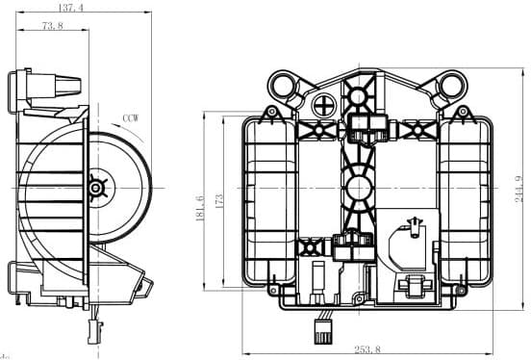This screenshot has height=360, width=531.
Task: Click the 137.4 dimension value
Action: point(70,8)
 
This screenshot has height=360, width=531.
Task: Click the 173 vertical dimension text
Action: point(218,202)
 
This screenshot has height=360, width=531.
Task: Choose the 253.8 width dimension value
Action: point(367,350)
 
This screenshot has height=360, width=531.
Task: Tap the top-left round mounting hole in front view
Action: point(286,88)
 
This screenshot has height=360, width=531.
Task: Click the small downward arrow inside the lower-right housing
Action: point(414,226)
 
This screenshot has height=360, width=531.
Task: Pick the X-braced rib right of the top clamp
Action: point(416,127)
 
